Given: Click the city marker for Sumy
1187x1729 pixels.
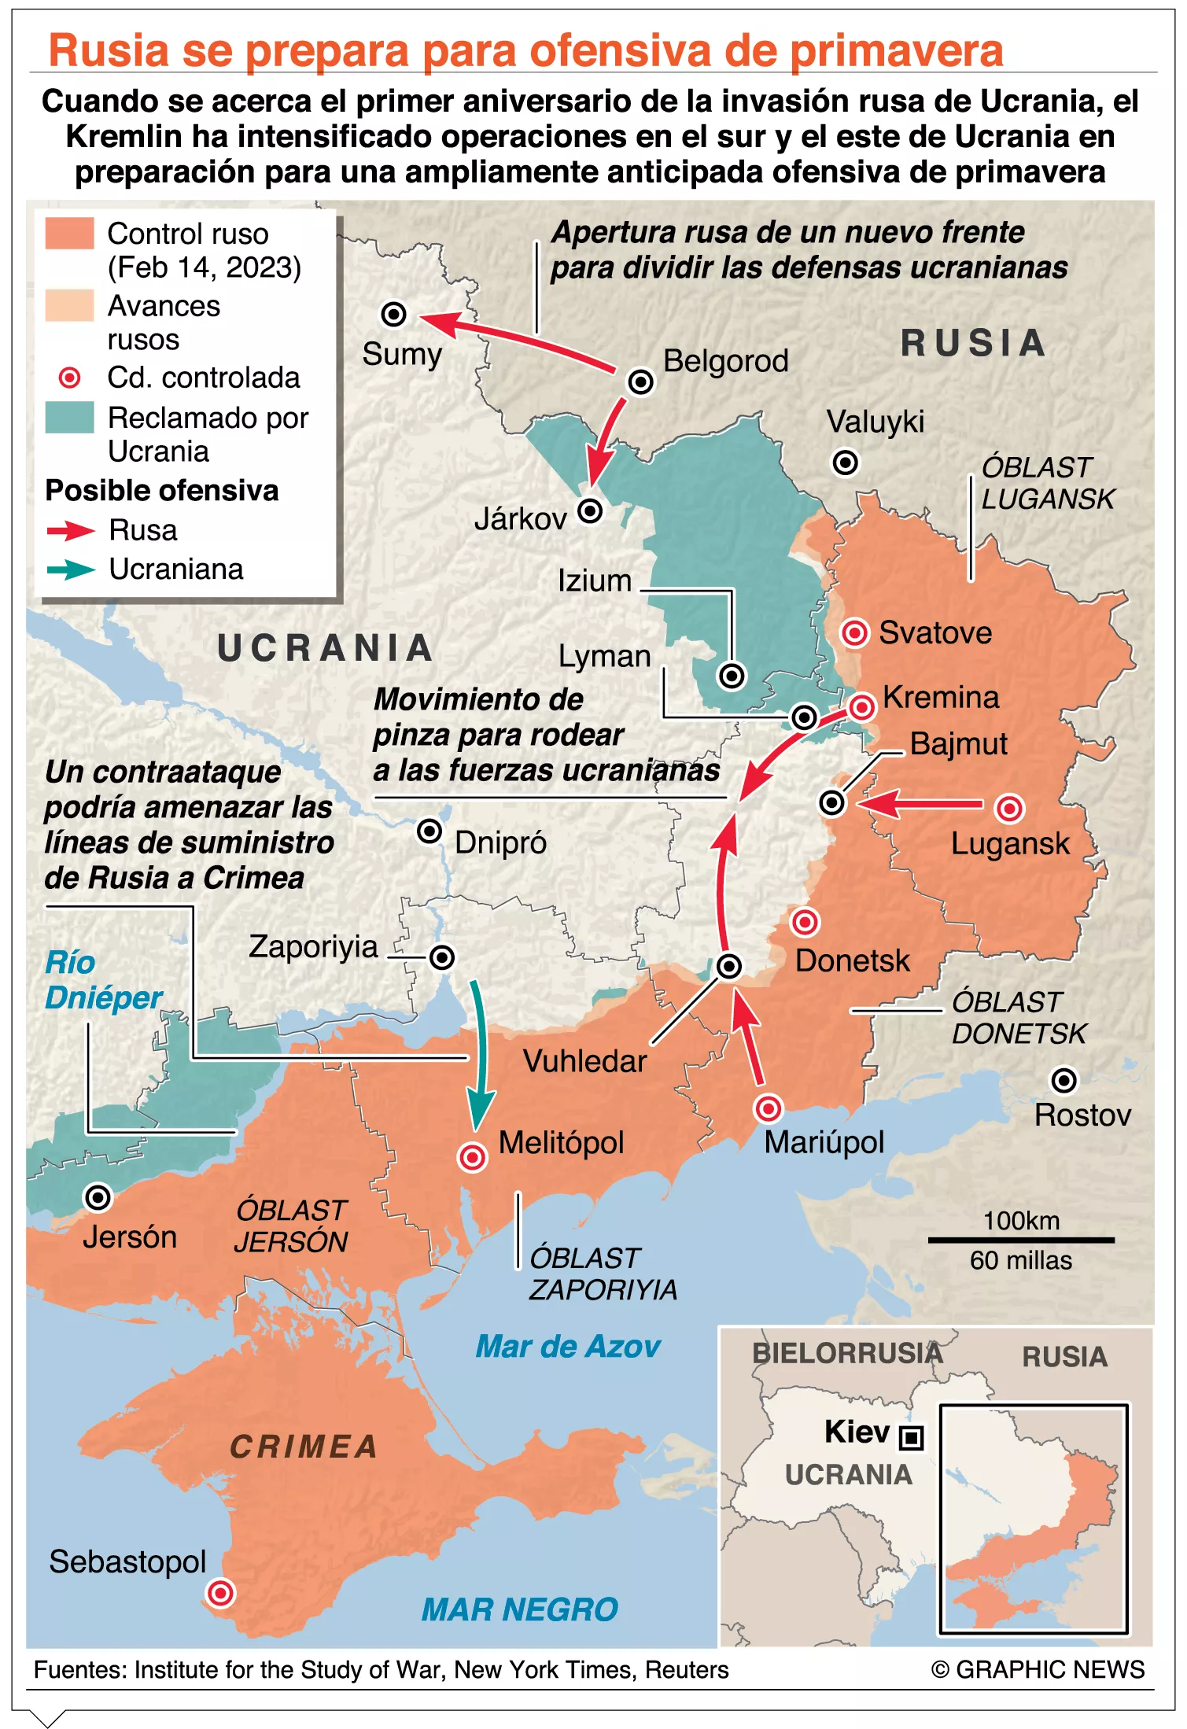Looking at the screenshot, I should [x=393, y=314].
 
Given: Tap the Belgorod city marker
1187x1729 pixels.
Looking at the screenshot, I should [x=640, y=382].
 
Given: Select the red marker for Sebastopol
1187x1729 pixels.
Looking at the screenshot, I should [x=220, y=1593].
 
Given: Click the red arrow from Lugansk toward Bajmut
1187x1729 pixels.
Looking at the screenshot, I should [x=920, y=804].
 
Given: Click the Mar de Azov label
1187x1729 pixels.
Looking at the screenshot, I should [x=567, y=1347].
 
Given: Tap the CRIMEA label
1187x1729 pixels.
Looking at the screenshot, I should [x=304, y=1447].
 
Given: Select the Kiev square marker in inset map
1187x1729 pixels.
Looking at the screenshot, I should [x=911, y=1438].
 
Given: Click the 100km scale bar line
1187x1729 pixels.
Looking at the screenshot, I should [x=1020, y=1240].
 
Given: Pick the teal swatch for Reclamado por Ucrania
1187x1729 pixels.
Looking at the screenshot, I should [x=69, y=418].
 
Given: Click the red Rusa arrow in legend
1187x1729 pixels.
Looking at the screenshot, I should [x=71, y=531].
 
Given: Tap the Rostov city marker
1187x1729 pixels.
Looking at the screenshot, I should [x=1064, y=1080].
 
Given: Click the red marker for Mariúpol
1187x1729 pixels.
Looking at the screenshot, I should [x=768, y=1108].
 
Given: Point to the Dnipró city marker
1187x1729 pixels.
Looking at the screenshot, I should [x=429, y=831].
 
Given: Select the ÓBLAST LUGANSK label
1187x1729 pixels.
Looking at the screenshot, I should [x=1047, y=483].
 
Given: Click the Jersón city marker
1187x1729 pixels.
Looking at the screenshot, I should [x=98, y=1197].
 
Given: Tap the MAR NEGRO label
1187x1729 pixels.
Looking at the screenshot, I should [x=519, y=1609].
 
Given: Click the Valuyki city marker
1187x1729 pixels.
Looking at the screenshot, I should [x=846, y=463].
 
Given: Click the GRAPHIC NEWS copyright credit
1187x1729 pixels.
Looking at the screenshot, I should [x=1038, y=1669].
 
